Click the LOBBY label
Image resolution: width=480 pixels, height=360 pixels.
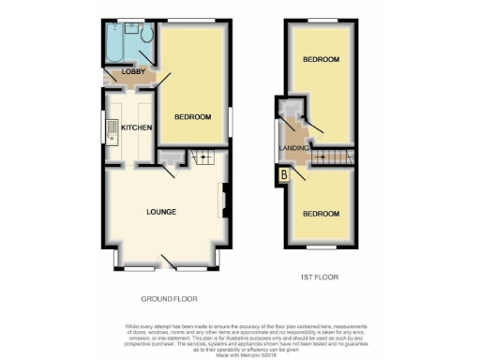pyautogui.click(x=119, y=72)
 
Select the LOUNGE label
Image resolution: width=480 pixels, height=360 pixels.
pyautogui.click(x=160, y=212)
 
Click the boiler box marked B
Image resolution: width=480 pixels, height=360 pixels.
pyautogui.click(x=283, y=173)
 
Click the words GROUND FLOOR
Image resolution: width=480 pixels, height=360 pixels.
pyautogui.click(x=167, y=299)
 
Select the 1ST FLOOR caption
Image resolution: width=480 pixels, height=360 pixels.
pyautogui.click(x=319, y=277)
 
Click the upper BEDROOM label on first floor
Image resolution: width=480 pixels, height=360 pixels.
pyautogui.click(x=321, y=59)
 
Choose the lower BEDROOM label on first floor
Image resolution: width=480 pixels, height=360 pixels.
pyautogui.click(x=321, y=214)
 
